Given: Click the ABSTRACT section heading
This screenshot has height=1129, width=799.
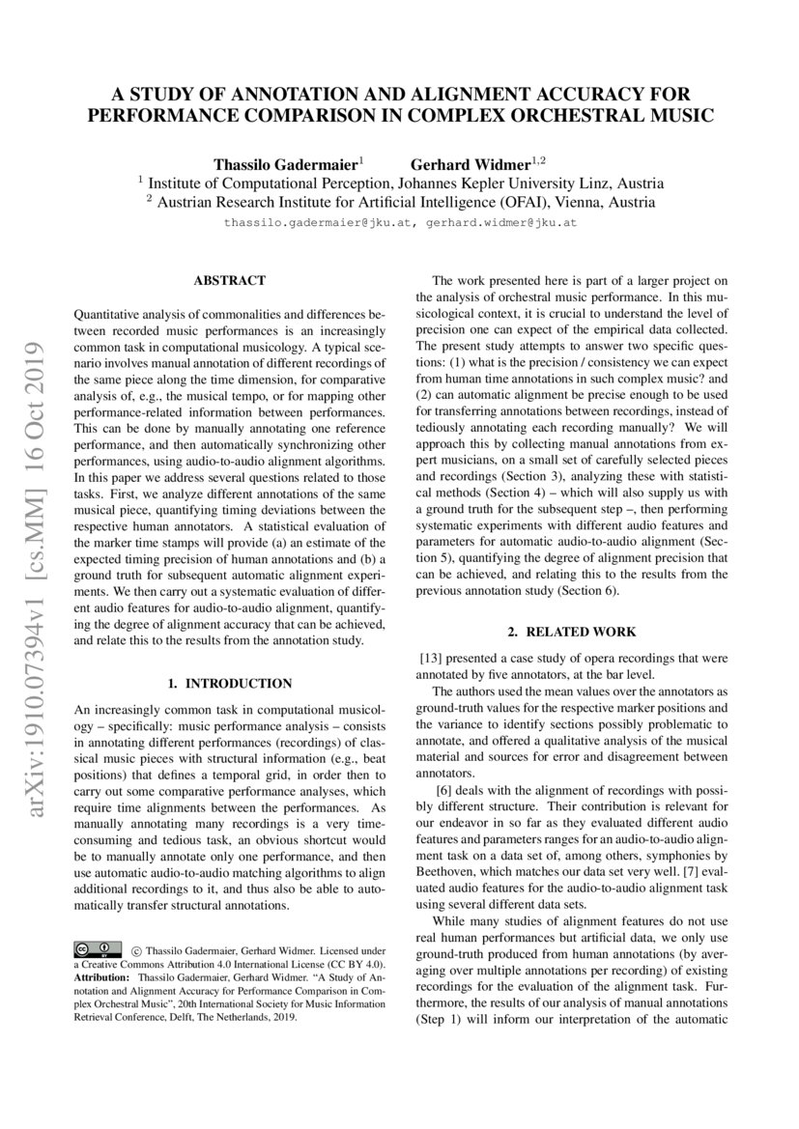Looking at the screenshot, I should [229, 281].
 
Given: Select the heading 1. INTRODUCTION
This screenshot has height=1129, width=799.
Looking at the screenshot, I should [229, 684].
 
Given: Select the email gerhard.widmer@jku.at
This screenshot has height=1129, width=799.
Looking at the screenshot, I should [501, 222].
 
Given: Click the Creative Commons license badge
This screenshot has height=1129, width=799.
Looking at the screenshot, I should [98, 948].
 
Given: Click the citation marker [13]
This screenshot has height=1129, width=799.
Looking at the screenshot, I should [431, 659].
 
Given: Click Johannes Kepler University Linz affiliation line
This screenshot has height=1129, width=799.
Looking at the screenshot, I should [399, 182].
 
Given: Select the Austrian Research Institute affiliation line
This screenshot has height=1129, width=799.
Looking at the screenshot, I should [399, 202].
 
